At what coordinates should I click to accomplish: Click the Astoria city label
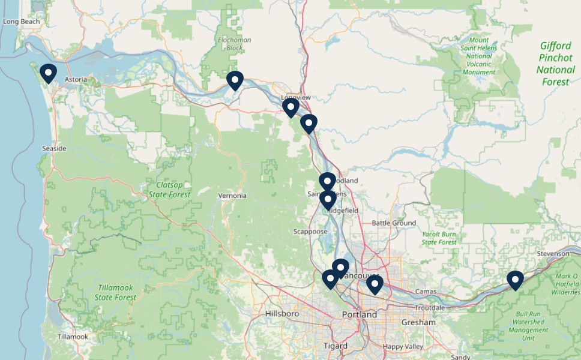coord(76,79)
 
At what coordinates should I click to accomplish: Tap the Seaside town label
coord(55,148)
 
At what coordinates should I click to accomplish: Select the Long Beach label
coord(21,22)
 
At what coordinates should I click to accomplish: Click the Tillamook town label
coord(73,337)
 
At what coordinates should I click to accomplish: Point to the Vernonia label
coord(232,196)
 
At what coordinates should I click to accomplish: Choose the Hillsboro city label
coord(282,314)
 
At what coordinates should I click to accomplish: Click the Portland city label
coord(360,314)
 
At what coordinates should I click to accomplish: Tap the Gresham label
coord(418,322)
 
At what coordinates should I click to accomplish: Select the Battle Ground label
coord(394,223)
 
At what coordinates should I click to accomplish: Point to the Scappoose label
coord(311,232)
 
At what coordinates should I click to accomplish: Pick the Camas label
coord(426,291)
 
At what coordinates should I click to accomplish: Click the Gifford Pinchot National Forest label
coord(555,63)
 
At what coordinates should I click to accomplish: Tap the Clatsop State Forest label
coord(169,190)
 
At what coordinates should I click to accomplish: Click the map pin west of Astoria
coord(48,73)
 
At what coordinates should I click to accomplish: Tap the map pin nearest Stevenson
coord(515,280)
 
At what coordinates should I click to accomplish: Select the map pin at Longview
coord(291,107)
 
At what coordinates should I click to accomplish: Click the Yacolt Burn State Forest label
coord(439,238)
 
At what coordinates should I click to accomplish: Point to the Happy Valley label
coord(403,346)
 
